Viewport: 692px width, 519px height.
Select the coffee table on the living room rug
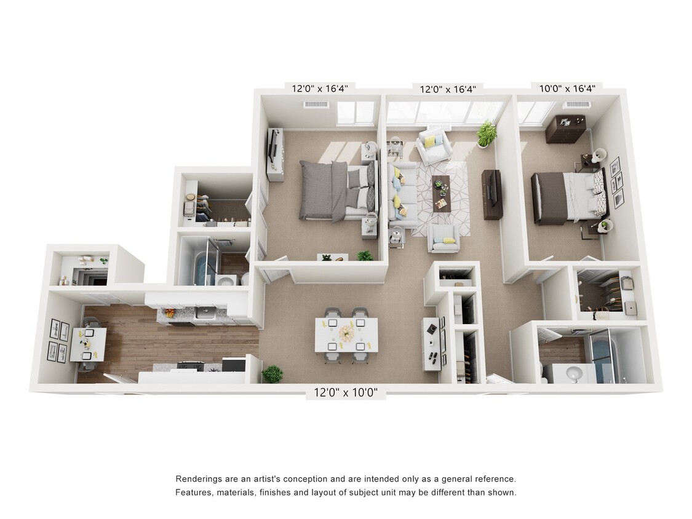[441, 193]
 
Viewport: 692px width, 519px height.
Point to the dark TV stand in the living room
[492, 194]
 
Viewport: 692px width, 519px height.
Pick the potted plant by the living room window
[486, 133]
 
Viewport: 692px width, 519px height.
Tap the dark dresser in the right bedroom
[565, 129]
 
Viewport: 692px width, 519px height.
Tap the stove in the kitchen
[191, 366]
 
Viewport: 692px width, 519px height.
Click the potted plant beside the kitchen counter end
[272, 374]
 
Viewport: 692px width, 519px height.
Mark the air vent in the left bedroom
[316, 105]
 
